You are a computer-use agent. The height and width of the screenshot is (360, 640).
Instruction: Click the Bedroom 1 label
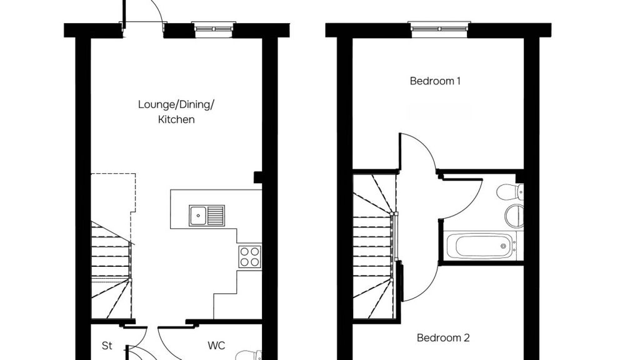pyautogui.click(x=436, y=81)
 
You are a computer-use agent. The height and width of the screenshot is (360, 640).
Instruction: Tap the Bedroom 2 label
pyautogui.click(x=443, y=338)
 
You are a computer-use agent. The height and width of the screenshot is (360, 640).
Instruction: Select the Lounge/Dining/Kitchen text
pyautogui.click(x=176, y=111)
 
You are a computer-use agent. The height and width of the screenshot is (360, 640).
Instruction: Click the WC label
pyautogui.click(x=216, y=345)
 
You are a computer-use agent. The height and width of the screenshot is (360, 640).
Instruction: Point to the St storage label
pyautogui.click(x=107, y=345)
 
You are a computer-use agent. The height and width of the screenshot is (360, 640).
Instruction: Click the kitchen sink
pyautogui.click(x=207, y=216)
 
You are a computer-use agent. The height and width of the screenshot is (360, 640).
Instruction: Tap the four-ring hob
pyautogui.click(x=249, y=256)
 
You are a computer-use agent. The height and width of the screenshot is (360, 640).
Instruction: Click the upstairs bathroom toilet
pyautogui.click(x=511, y=191)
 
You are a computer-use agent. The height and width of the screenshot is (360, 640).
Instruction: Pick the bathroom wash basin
pyautogui.click(x=513, y=216)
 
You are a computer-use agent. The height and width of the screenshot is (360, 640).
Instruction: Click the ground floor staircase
pyautogui.click(x=112, y=269)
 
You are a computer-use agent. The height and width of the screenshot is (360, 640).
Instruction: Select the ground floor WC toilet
pyautogui.click(x=249, y=355)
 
